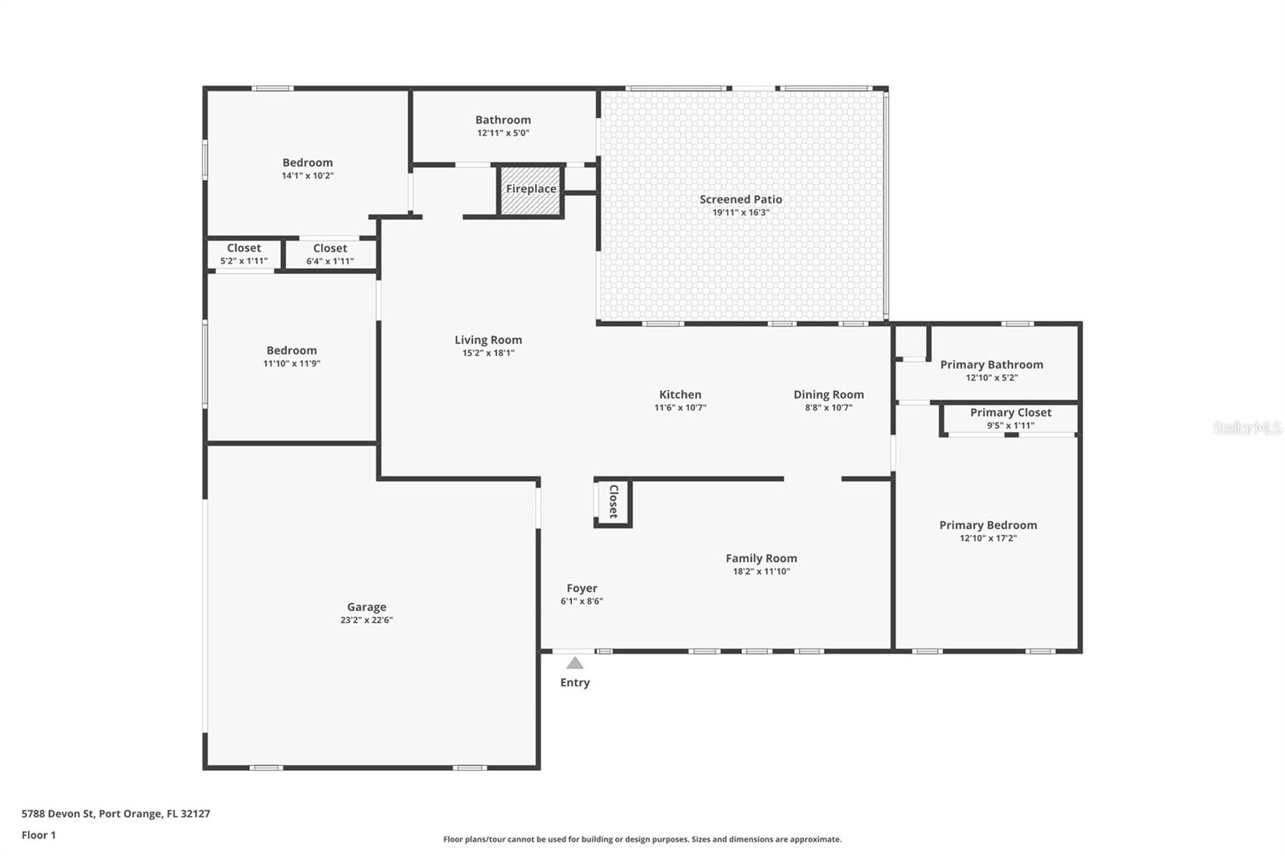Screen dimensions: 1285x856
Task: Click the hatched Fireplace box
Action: point(530,190)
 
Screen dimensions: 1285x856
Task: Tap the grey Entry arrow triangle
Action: point(575,663)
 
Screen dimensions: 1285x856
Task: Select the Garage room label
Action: point(366,607)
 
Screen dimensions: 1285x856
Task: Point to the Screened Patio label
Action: point(740,199)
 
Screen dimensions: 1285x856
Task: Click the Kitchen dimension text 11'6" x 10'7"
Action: point(680,408)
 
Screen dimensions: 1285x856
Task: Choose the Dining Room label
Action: point(828,395)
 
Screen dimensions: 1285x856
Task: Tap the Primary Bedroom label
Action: point(988,525)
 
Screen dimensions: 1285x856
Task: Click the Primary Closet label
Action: point(1010,413)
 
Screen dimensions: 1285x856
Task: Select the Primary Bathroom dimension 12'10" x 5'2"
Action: point(991,378)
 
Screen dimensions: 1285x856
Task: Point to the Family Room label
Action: point(761,558)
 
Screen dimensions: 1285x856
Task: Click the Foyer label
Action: point(581,588)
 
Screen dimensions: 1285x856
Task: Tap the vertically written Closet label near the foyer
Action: point(614,501)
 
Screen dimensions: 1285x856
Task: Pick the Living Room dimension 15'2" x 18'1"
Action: point(488,353)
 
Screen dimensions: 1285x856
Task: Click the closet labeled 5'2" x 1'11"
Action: point(244,255)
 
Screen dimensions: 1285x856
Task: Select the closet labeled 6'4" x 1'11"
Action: point(330,255)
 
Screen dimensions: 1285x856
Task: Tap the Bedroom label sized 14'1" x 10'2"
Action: point(308,163)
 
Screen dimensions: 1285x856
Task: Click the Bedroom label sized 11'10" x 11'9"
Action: point(292,351)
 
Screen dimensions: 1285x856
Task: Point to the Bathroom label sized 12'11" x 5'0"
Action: point(503,120)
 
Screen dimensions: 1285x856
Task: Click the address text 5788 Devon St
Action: point(58,813)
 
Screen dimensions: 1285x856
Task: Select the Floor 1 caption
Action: point(39,835)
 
